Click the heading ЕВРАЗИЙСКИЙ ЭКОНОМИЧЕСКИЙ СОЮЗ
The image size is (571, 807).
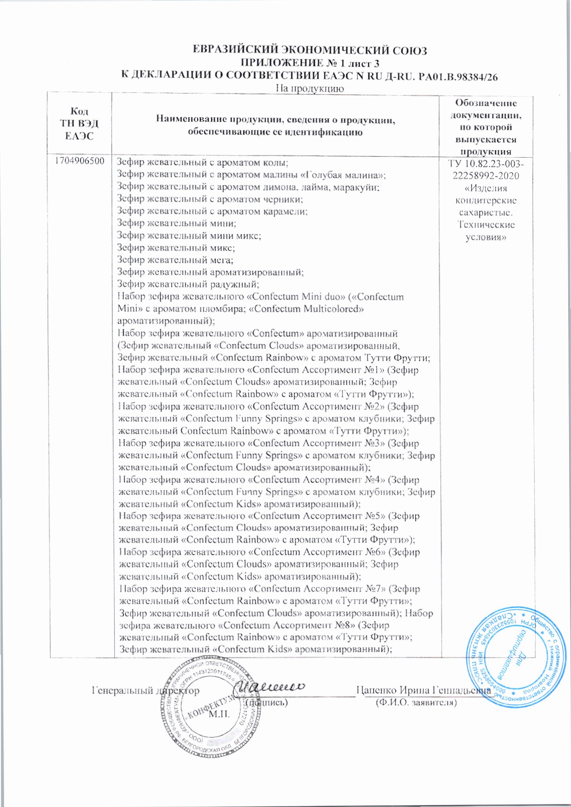[x=309, y=50]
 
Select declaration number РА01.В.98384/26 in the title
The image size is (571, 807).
[x=454, y=76]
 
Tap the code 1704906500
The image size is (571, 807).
[x=79, y=161]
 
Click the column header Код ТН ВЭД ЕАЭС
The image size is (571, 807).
[x=79, y=123]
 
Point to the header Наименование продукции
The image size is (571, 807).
[x=275, y=126]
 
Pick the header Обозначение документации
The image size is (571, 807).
[x=486, y=127]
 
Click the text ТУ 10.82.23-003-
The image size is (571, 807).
[x=486, y=164]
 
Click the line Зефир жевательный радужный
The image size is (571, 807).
[x=188, y=284]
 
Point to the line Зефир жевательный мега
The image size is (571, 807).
[x=175, y=260]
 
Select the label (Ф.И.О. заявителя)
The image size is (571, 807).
[x=416, y=702]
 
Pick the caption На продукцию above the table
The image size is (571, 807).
[x=309, y=88]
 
